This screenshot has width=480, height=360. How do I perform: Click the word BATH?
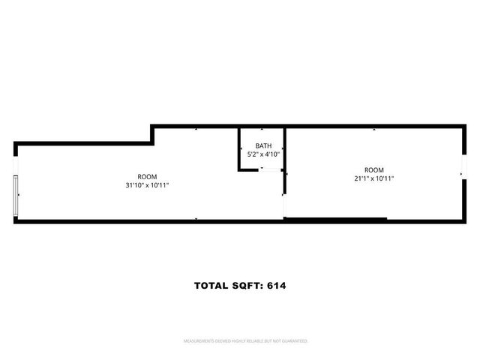tap(263, 145)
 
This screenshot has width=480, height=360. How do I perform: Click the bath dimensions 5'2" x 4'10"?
tap(263, 154)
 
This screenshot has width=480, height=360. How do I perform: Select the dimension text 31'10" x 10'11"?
tap(148, 185)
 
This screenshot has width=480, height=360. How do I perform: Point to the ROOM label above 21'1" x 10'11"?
tap(373, 169)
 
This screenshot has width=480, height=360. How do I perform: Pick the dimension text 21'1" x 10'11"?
tap(373, 178)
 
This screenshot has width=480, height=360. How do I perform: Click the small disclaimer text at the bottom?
tap(246, 341)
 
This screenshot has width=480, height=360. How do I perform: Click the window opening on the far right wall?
tap(463, 175)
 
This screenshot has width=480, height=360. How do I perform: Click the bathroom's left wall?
tap(239, 148)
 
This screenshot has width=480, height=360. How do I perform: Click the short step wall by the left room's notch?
tap(151, 134)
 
